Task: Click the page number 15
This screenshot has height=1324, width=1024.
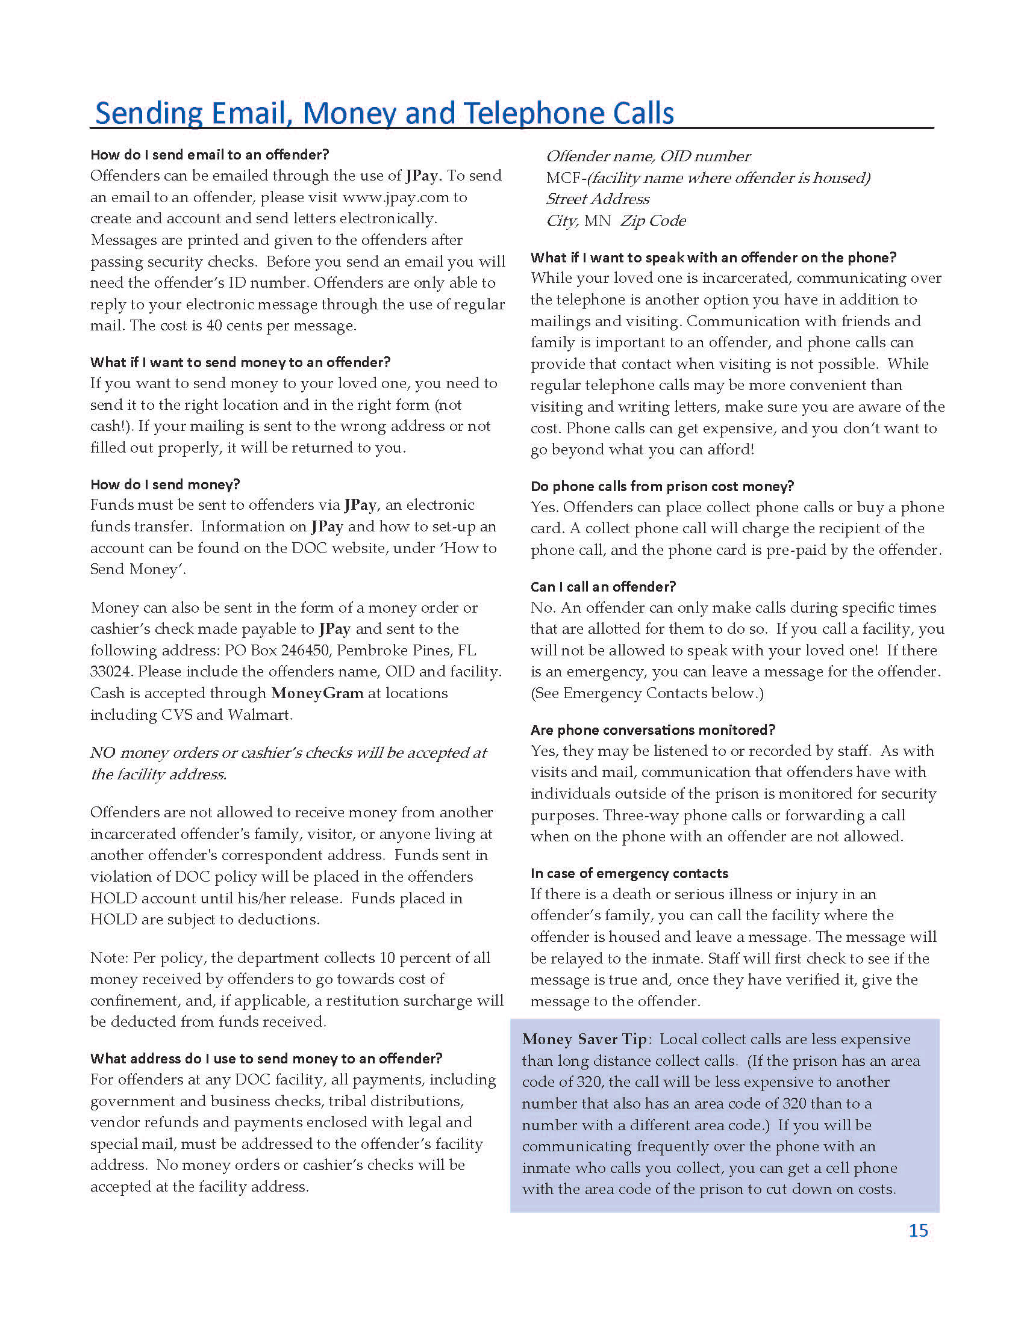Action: [918, 1230]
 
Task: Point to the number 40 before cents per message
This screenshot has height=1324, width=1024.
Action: [214, 326]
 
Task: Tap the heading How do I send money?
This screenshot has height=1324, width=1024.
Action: [165, 484]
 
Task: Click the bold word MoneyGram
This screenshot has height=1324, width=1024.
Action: [317, 693]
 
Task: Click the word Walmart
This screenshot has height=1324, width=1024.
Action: [260, 715]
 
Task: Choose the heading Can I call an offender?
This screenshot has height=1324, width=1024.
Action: [603, 586]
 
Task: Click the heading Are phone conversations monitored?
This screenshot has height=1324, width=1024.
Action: [653, 730]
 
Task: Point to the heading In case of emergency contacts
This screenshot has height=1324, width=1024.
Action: [629, 873]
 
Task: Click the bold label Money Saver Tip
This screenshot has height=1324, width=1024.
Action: [584, 1039]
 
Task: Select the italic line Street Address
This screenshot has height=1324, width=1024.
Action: [598, 199]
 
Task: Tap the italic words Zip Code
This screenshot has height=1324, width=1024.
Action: [653, 221]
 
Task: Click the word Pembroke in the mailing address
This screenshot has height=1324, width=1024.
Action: [364, 651]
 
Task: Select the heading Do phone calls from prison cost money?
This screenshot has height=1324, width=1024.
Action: [662, 486]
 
